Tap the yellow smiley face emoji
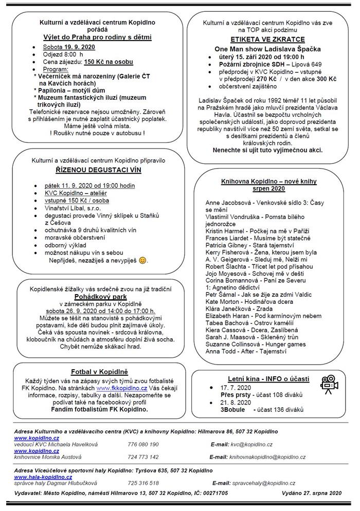(x=143, y=261)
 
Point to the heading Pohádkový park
(x=101, y=298)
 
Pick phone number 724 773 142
(x=143, y=457)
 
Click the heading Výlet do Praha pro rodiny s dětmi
(x=97, y=37)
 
